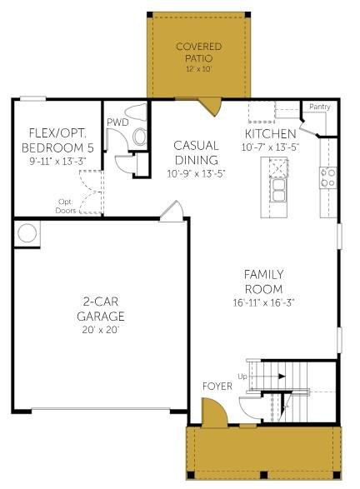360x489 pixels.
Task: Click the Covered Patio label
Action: (x=198, y=52)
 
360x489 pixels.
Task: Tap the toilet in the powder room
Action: (x=137, y=113)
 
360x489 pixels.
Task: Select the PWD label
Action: (x=117, y=122)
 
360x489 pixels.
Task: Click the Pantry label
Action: (x=319, y=107)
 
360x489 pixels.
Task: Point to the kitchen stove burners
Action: (x=327, y=177)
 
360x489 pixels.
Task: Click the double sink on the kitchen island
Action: (x=277, y=190)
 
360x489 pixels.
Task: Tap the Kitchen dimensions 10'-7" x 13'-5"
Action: (x=270, y=147)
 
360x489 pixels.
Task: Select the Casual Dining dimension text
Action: (x=196, y=173)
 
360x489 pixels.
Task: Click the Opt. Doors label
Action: (x=66, y=206)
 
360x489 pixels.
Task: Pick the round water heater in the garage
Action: (x=27, y=232)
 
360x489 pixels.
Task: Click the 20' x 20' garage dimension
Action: (x=101, y=330)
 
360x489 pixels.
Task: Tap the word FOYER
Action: (x=217, y=387)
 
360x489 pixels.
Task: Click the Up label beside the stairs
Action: (x=242, y=377)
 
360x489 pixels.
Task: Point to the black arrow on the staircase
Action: (x=282, y=376)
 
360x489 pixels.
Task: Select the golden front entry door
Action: (x=214, y=412)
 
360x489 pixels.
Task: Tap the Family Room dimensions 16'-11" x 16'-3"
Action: (x=263, y=302)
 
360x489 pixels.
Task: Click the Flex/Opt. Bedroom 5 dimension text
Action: (x=57, y=162)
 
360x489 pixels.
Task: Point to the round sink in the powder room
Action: (x=140, y=137)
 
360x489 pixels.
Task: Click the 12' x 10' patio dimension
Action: (x=198, y=69)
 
